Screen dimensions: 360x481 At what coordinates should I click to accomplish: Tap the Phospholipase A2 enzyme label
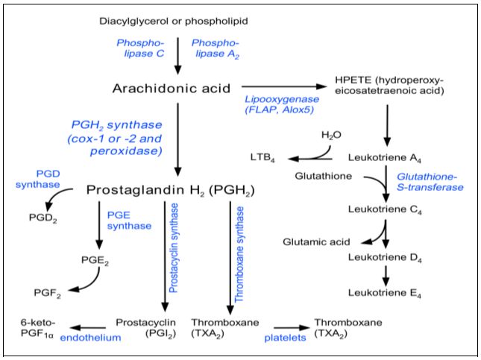point(215,48)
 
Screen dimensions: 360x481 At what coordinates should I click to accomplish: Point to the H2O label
point(330,135)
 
